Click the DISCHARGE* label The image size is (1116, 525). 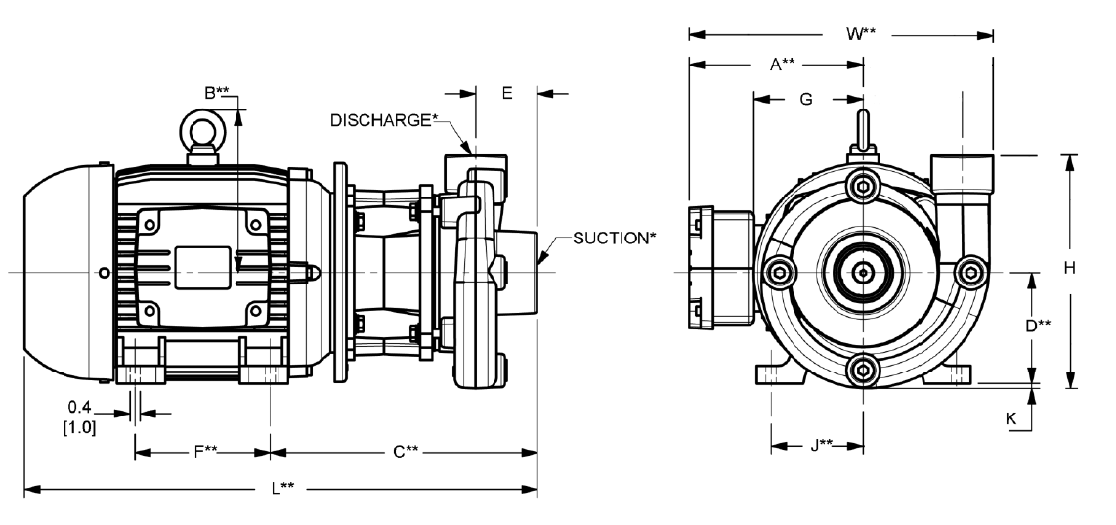tap(381, 120)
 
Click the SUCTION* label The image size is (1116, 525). tap(611, 238)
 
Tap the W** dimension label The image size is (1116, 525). tap(861, 33)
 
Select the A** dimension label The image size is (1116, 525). tap(782, 65)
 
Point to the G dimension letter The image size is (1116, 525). tap(805, 99)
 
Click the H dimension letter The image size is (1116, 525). tap(1070, 268)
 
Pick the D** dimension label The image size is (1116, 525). tap(1038, 326)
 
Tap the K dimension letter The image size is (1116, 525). tap(1010, 418)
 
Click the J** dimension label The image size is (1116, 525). tap(822, 445)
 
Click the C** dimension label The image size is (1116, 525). tap(406, 451)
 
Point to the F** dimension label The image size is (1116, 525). tap(205, 451)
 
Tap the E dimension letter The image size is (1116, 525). tap(507, 93)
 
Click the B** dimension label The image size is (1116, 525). tap(217, 92)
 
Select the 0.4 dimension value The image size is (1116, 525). tap(80, 407)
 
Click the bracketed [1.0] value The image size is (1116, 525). tap(80, 428)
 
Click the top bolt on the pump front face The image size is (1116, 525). tap(863, 187)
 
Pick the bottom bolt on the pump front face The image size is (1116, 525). tap(863, 369)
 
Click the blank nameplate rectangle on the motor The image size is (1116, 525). tap(203, 268)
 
